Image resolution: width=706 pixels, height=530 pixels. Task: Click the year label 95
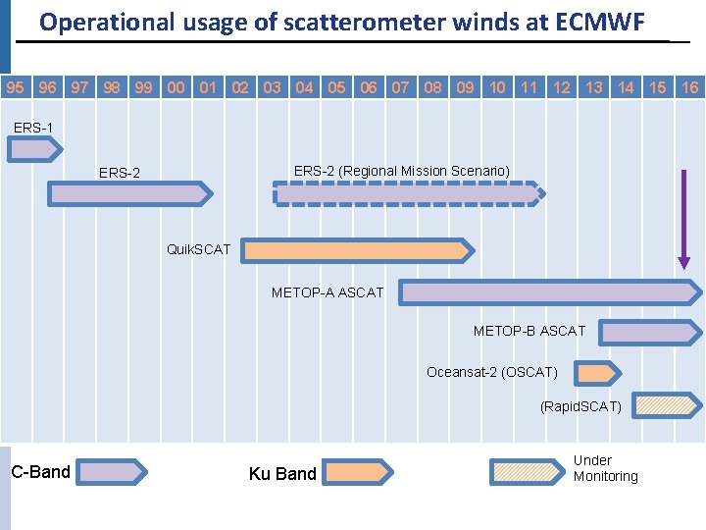[16, 87]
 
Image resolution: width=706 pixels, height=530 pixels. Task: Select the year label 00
[176, 87]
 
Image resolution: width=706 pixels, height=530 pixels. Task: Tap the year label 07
[401, 87]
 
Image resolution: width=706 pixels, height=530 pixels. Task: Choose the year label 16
[689, 87]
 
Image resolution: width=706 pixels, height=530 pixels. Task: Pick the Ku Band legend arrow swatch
[365, 472]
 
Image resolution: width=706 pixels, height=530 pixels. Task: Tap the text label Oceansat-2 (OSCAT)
[492, 372]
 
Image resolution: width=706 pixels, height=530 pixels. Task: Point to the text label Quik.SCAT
[199, 249]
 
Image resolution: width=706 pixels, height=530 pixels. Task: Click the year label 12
[562, 87]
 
